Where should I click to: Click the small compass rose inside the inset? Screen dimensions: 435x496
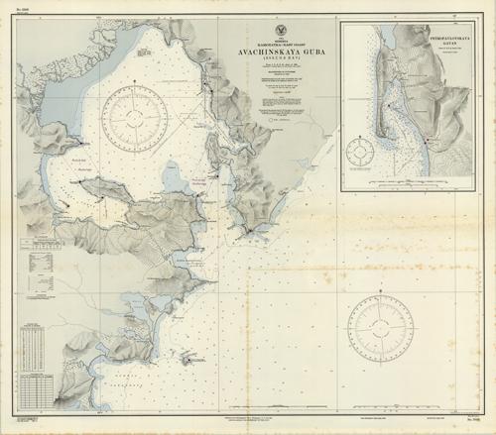tap(358, 154)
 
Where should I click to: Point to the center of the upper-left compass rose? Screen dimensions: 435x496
tap(135, 118)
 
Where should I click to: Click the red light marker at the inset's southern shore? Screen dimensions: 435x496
tap(426, 141)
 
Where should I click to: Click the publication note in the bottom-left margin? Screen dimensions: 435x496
tap(60, 422)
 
